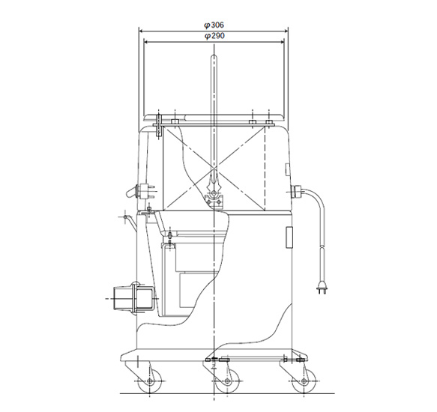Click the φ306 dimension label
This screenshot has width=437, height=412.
point(214,25)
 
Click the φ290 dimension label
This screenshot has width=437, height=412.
point(214,36)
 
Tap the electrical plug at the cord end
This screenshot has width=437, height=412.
point(322,288)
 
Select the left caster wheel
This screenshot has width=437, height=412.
point(150,381)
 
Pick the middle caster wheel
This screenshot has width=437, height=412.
point(227,381)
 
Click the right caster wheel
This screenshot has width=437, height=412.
point(304,381)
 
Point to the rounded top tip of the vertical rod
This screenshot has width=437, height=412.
point(214,56)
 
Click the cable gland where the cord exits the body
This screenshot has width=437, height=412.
point(295,191)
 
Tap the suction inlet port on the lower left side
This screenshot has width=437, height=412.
point(133,298)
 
